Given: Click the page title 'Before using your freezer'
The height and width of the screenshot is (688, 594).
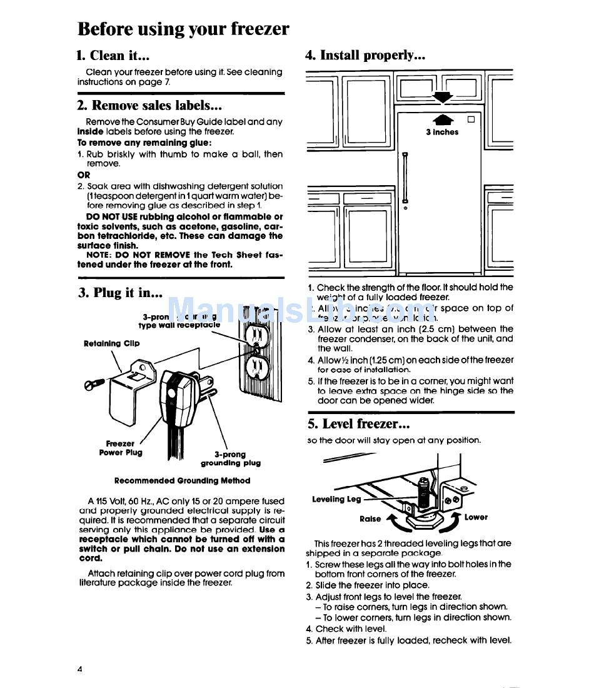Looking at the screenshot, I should coord(183,29).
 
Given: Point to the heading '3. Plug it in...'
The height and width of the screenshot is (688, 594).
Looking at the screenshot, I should coord(120,292).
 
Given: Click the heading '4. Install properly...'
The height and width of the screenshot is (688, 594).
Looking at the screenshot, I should coord(365,55).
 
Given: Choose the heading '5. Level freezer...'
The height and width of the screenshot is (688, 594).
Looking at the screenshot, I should coord(358,424).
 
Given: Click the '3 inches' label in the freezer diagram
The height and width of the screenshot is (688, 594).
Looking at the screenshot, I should coord(442,133).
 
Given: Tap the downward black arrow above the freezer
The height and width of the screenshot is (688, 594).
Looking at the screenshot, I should coord(443,96).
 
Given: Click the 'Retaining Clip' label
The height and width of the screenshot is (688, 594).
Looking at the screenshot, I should coord(111,343).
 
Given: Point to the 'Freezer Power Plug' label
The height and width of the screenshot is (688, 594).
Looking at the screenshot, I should coord(121,448).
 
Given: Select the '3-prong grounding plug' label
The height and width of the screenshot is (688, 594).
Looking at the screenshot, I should coord(230,459).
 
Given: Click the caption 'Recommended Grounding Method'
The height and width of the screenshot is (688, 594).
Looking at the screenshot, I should coord(182,481).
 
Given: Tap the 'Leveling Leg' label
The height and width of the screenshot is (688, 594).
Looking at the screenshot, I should coord(337,499).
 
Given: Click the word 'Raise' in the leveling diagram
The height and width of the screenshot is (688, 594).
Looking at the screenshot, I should coord(370,519).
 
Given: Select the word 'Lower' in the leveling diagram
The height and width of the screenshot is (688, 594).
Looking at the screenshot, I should coord(476,517).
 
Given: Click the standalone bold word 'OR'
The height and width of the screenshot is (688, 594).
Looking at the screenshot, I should coord(84,175).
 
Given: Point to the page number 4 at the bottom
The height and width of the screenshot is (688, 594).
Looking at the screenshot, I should coord(80,669).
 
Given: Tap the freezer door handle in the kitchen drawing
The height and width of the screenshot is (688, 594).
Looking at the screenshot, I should coord(405,178).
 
